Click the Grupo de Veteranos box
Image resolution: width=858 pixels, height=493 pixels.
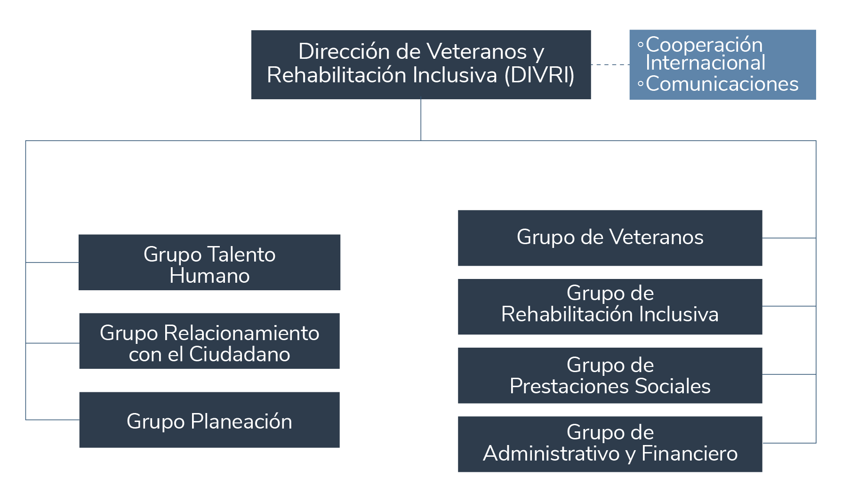609,238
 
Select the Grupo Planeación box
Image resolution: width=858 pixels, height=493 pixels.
209,420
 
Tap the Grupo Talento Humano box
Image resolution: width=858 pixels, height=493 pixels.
209,262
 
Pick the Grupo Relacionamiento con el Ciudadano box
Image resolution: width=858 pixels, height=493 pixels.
209,341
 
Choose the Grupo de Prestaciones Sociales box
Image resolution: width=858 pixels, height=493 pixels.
609,375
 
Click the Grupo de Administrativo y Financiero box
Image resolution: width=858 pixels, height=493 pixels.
609,444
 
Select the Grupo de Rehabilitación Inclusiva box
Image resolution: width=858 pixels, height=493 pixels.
609,307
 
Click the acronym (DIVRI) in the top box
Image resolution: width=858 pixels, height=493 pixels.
539,75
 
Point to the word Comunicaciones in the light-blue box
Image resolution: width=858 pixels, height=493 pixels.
722,84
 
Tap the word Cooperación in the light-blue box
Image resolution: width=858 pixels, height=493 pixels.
704,45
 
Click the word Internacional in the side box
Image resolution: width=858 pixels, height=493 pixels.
705,63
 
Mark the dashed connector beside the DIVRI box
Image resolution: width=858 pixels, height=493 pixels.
610,64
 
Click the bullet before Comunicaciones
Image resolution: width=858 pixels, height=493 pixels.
640,85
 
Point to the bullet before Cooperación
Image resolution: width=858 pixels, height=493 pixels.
640,45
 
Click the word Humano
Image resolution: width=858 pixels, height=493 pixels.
209,276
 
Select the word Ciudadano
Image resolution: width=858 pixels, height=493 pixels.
240,354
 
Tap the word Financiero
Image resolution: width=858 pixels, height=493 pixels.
689,453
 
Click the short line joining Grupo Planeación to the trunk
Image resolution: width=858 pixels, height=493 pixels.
52,419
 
